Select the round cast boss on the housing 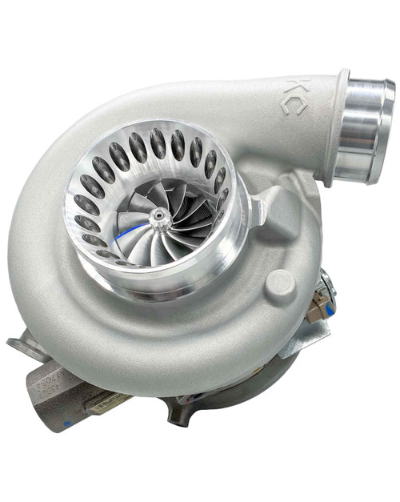[279, 282]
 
